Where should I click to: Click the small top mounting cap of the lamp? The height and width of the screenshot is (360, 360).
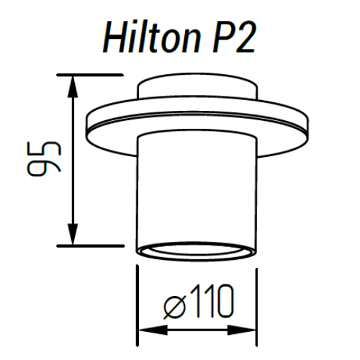(x=195, y=86)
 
